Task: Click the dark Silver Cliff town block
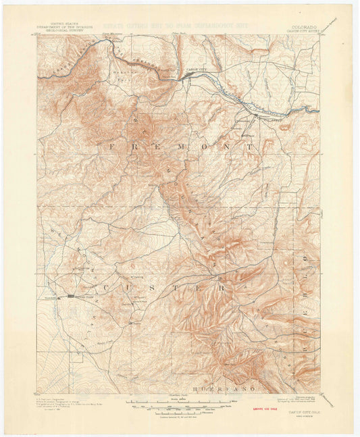[72, 296]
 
